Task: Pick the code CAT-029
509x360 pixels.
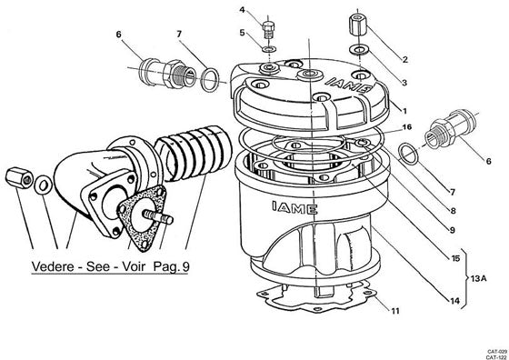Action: [x=496, y=349]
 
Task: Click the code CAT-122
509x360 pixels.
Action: [x=496, y=355]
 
